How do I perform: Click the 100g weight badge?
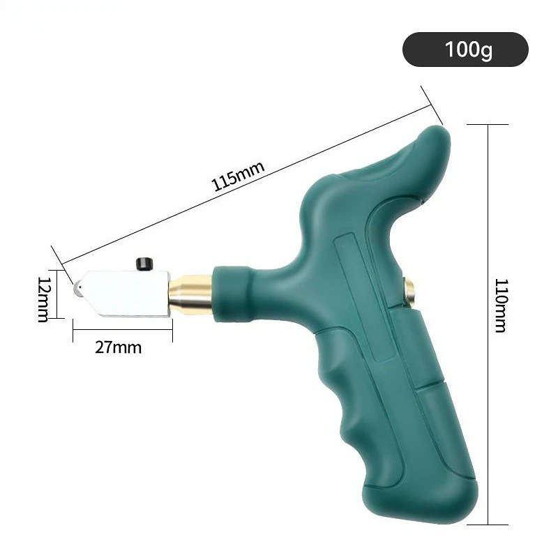(465, 49)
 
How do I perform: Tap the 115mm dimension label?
(238, 176)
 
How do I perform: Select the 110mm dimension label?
(502, 306)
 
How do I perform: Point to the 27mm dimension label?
(118, 347)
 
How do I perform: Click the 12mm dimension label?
(44, 299)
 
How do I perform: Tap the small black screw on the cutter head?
(144, 264)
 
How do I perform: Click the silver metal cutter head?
(121, 294)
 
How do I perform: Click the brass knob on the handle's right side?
(409, 292)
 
